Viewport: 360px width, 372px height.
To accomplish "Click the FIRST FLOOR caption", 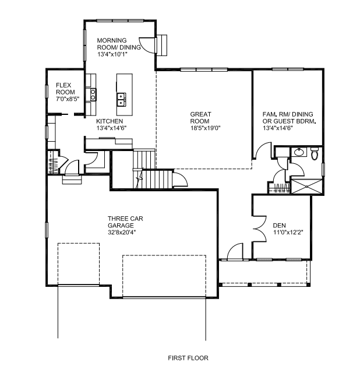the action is click(188, 358).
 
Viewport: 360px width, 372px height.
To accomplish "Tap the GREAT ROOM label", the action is click(200, 118).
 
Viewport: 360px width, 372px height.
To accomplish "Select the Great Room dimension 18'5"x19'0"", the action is click(206, 128).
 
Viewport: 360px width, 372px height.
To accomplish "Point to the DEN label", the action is click(279, 225).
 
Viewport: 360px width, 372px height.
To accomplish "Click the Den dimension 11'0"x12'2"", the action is click(288, 232).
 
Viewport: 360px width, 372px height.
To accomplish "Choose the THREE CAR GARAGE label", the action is click(125, 222).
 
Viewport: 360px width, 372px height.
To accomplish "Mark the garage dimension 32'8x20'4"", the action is click(122, 232).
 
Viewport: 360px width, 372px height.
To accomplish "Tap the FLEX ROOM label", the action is click(65, 89).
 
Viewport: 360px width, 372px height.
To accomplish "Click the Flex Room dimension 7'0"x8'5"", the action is click(68, 99).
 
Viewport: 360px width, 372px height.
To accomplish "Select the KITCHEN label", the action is click(110, 121).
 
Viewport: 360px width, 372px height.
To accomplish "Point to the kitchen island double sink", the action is click(121, 99).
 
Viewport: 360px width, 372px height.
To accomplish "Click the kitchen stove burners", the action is click(93, 94).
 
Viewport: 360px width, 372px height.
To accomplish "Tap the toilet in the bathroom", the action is click(315, 153).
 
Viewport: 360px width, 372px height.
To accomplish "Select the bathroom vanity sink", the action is click(299, 152).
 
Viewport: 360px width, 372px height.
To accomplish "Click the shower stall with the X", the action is click(306, 187).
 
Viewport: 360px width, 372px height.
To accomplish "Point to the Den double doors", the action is click(259, 229).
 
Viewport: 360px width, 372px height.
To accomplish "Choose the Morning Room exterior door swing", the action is click(147, 45).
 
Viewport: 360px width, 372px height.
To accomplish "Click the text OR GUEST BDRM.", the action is click(289, 121).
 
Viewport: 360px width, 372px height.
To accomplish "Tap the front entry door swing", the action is click(235, 251).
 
